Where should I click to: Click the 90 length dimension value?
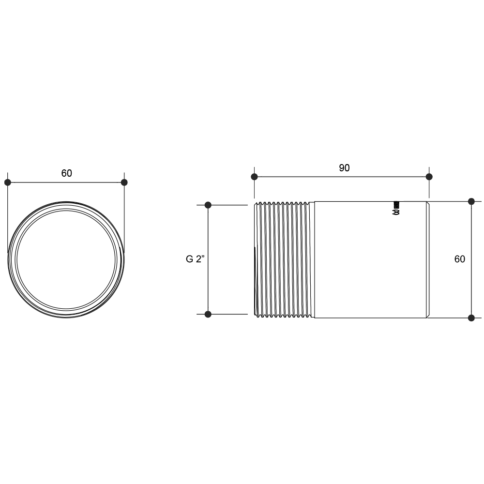[x=344, y=168]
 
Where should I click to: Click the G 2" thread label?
[x=196, y=259]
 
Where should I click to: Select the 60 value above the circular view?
[x=66, y=173]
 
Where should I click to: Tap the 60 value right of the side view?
[x=460, y=259]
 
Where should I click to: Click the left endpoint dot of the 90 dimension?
[x=255, y=177]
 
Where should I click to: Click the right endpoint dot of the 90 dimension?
[x=429, y=177]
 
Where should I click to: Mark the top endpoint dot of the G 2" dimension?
[x=208, y=205]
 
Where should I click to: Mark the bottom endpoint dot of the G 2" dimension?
[x=208, y=314]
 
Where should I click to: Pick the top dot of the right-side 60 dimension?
[x=471, y=201]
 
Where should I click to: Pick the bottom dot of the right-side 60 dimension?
[x=471, y=318]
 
